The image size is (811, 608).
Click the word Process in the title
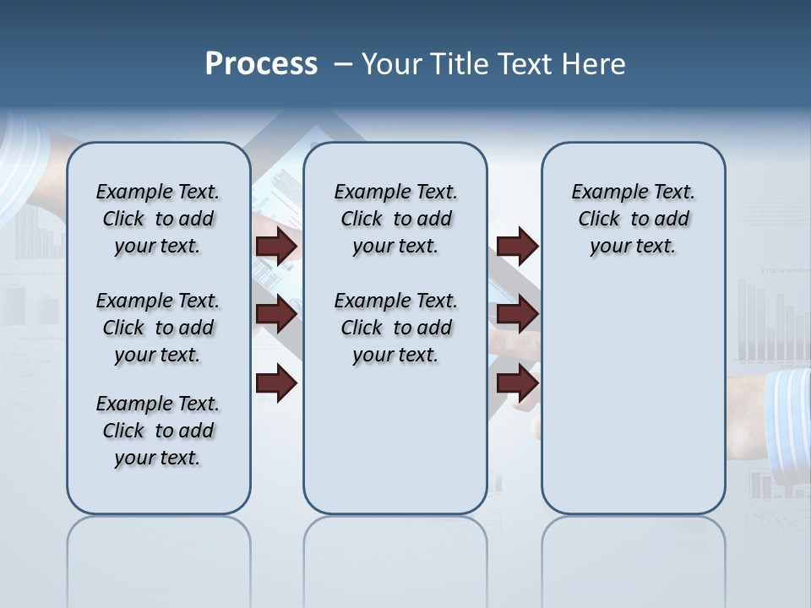[x=261, y=64]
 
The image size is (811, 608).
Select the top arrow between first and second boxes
[x=276, y=247]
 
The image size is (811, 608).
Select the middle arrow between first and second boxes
[x=276, y=315]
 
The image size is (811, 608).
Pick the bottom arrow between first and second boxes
[x=276, y=383]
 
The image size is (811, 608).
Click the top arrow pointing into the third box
[x=517, y=247]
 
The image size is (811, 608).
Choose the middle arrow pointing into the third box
[x=517, y=315]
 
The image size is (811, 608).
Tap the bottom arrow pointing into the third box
[x=517, y=383]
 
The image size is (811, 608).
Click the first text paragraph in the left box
[x=158, y=219]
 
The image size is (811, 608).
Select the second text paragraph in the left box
[x=158, y=328]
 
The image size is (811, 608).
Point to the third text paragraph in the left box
[x=158, y=431]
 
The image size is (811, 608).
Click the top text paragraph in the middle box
[x=395, y=219]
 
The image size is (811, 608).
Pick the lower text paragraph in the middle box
[x=395, y=328]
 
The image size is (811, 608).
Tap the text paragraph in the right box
[x=633, y=219]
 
